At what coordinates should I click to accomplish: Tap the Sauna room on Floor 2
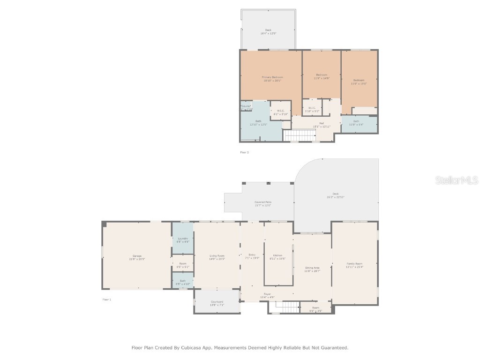246,107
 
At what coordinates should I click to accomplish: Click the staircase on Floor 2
300,135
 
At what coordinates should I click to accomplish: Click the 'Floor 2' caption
244,152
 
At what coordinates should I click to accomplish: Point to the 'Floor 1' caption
107,299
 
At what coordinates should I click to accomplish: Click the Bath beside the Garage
182,281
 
